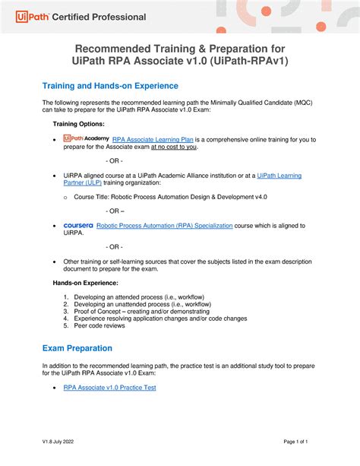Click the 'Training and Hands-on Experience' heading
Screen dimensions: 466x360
pyautogui.click(x=110, y=86)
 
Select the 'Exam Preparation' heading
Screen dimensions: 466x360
pyautogui.click(x=77, y=348)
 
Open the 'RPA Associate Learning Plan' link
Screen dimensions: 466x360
pyautogui.click(x=153, y=139)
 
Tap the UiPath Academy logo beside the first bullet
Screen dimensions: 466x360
pyautogui.click(x=87, y=138)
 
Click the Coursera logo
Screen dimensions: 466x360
pyautogui.click(x=78, y=225)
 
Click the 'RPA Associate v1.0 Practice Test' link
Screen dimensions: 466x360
pyautogui.click(x=109, y=388)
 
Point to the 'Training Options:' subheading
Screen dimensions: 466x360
pyautogui.click(x=78, y=122)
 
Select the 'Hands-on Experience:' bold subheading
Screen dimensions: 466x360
pyautogui.click(x=85, y=283)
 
